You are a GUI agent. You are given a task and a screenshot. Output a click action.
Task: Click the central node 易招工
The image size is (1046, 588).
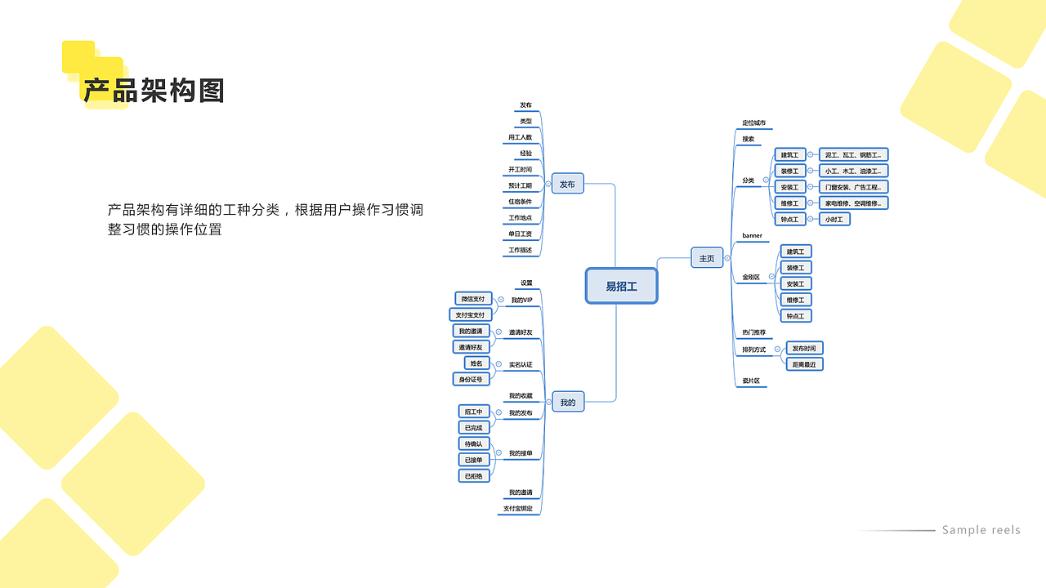[x=621, y=286]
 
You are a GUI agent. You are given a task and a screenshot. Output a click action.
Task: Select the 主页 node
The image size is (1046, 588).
[x=707, y=259]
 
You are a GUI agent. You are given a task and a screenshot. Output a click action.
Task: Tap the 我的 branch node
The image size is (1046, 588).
[x=568, y=402]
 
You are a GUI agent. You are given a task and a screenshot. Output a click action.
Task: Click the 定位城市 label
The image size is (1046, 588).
[x=753, y=123]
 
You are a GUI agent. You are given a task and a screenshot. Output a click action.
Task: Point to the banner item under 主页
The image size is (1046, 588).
[x=752, y=236]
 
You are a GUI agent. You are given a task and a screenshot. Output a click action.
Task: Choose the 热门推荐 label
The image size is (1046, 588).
[x=753, y=332]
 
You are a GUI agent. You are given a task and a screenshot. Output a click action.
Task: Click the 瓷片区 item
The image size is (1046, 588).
[x=751, y=381]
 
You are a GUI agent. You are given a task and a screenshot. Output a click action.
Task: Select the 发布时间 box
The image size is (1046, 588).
[x=804, y=349]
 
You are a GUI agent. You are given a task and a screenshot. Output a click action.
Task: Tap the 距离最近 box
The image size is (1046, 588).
[x=804, y=364]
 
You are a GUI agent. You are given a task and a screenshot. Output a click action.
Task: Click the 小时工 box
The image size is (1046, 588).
[x=834, y=219]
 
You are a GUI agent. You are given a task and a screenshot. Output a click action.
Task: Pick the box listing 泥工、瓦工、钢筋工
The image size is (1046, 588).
[x=853, y=155]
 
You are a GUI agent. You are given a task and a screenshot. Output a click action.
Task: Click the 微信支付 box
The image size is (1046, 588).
[x=473, y=299]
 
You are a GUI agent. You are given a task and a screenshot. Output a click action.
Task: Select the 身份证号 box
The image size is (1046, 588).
[x=471, y=379]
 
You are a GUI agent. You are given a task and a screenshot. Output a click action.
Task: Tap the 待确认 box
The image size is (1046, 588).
[x=474, y=443]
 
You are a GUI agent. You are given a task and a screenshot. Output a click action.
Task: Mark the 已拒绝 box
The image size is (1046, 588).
[x=474, y=476]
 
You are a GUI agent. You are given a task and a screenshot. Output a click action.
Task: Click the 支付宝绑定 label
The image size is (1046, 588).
[x=517, y=509]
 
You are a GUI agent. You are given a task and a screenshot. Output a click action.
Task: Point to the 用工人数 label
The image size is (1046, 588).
[x=520, y=138]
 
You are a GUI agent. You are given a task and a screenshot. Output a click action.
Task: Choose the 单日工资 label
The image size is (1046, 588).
[x=520, y=234]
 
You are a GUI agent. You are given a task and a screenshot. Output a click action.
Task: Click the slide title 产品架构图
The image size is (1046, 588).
[x=154, y=91]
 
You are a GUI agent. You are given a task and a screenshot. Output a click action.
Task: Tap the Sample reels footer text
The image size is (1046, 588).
[x=981, y=530]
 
